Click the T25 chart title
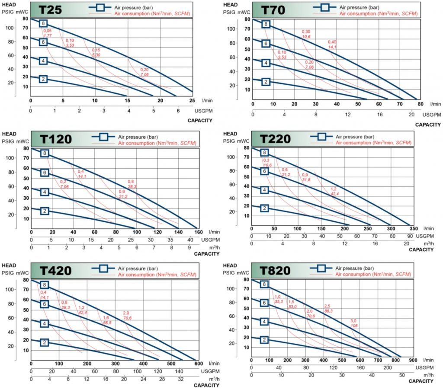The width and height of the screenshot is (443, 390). (50, 10)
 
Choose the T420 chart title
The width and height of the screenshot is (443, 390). (56, 271)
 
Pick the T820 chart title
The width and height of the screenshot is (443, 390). (275, 271)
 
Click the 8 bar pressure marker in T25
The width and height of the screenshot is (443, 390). (43, 23)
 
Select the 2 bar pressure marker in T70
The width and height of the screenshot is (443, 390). (266, 82)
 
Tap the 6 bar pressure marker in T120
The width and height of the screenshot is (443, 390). (44, 173)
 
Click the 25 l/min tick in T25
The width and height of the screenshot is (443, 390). (192, 101)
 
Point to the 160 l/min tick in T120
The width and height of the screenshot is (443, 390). (197, 232)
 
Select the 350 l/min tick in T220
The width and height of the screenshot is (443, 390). (413, 228)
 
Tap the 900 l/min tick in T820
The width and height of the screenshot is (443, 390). (412, 360)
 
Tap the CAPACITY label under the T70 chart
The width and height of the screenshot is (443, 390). (427, 124)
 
